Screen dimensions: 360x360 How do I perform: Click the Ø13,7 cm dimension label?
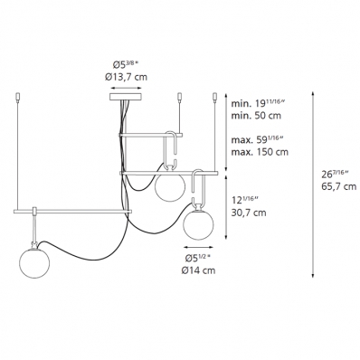[x=126, y=77]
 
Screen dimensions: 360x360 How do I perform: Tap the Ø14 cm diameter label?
[x=198, y=270]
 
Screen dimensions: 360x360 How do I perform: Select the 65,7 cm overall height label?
[x=338, y=186]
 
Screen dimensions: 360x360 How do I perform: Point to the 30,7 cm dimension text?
[x=249, y=213]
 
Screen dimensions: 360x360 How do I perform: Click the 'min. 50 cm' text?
[x=256, y=115]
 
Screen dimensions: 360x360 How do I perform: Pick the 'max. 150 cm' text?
[x=260, y=151]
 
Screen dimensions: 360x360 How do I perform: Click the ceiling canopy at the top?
[x=126, y=97]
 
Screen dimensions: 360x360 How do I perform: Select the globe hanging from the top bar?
[x=169, y=187]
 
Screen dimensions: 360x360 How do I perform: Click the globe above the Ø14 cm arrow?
[x=198, y=225]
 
